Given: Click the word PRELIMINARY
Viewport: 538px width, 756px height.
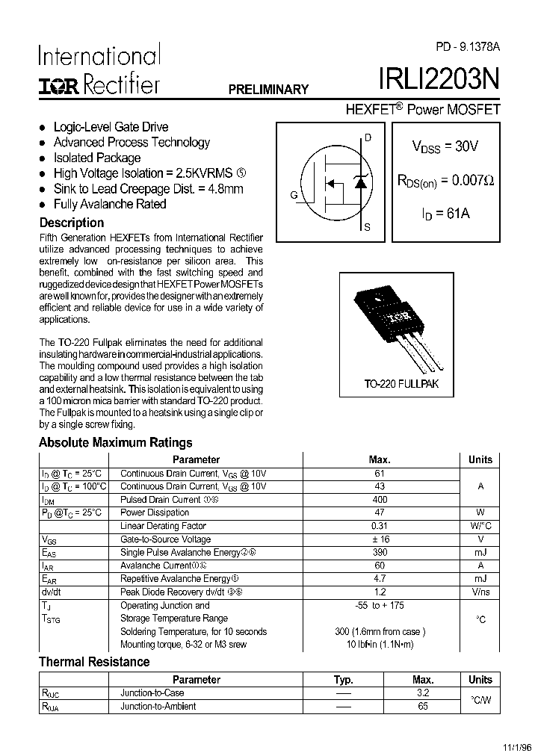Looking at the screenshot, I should click(x=268, y=90).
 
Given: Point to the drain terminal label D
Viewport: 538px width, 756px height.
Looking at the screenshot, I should click(x=367, y=137).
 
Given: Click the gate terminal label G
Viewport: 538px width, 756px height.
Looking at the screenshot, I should click(x=294, y=196).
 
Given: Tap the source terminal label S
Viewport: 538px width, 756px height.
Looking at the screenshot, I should click(x=367, y=228).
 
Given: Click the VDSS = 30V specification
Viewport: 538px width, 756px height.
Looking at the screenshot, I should click(x=445, y=146).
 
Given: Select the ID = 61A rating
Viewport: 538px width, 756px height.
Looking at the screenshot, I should click(x=445, y=214).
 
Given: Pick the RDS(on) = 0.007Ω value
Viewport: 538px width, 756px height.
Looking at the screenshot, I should click(x=445, y=180).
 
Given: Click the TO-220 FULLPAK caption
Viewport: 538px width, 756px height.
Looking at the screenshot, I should click(x=401, y=384).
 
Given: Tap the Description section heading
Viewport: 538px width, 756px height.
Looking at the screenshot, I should click(x=71, y=223).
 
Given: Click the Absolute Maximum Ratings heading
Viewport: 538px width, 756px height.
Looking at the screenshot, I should click(x=115, y=442).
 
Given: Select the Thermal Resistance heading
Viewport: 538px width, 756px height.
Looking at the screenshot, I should click(x=94, y=662).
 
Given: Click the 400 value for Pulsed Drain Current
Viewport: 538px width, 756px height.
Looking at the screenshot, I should click(x=379, y=500).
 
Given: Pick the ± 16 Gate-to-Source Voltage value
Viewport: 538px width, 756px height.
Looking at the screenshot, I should click(x=379, y=539).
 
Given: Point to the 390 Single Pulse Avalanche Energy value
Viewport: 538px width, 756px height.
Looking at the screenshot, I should click(x=379, y=553).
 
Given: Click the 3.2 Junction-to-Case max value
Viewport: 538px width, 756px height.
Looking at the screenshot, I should click(x=423, y=693).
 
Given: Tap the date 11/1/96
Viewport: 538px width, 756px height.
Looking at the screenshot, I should click(x=516, y=746).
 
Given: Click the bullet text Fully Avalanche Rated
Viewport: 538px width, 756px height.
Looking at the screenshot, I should click(x=110, y=204).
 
